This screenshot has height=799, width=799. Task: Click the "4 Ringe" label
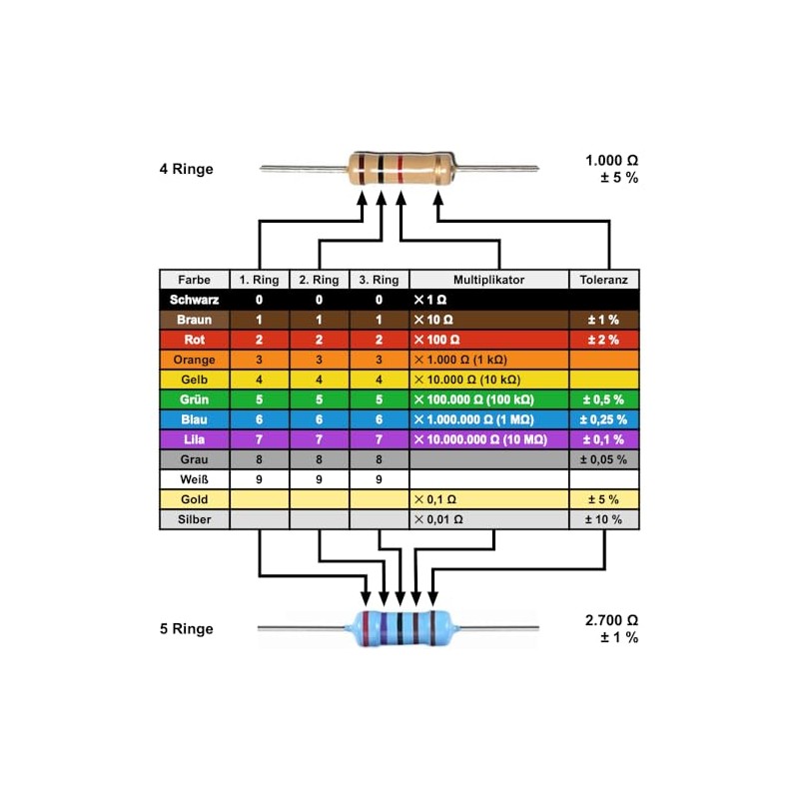(187, 169)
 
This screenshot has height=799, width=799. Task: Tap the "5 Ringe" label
(187, 629)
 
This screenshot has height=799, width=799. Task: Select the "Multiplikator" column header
(488, 280)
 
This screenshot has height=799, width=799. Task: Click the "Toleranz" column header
(603, 280)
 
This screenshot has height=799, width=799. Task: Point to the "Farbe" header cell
(194, 280)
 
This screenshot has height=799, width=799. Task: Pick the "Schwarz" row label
(194, 300)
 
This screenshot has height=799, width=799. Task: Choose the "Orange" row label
(194, 360)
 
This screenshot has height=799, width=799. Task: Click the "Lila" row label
(194, 439)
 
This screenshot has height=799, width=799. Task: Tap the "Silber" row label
(194, 519)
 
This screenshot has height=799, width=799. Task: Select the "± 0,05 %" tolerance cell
(603, 459)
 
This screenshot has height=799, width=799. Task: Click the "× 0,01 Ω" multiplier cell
(438, 519)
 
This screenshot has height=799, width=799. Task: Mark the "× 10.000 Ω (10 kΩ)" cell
(464, 380)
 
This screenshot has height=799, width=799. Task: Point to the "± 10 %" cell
(603, 519)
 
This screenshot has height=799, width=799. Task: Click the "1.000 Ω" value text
(611, 160)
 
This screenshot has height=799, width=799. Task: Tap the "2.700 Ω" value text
(611, 619)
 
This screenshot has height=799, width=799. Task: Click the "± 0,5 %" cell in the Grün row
(603, 399)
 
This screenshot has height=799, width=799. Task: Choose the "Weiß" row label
(194, 479)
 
